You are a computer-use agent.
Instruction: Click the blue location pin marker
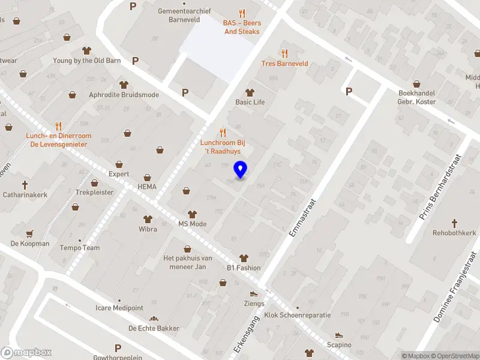point(241,170)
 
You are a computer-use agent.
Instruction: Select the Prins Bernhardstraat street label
point(443,187)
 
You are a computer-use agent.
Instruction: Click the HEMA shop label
point(147,187)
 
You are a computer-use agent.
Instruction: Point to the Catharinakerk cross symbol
point(25,184)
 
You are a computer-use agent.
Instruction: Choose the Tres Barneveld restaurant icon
point(284,53)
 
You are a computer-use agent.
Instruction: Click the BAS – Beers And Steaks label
point(242,27)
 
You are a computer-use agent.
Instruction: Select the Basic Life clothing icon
point(250,92)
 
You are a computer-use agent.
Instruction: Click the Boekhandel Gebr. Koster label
point(425,97)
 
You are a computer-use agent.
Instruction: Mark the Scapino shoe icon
point(339,335)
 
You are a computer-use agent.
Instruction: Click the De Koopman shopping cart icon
point(30,233)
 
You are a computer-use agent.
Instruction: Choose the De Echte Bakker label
point(150,328)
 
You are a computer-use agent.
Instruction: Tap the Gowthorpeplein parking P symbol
point(118,348)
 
